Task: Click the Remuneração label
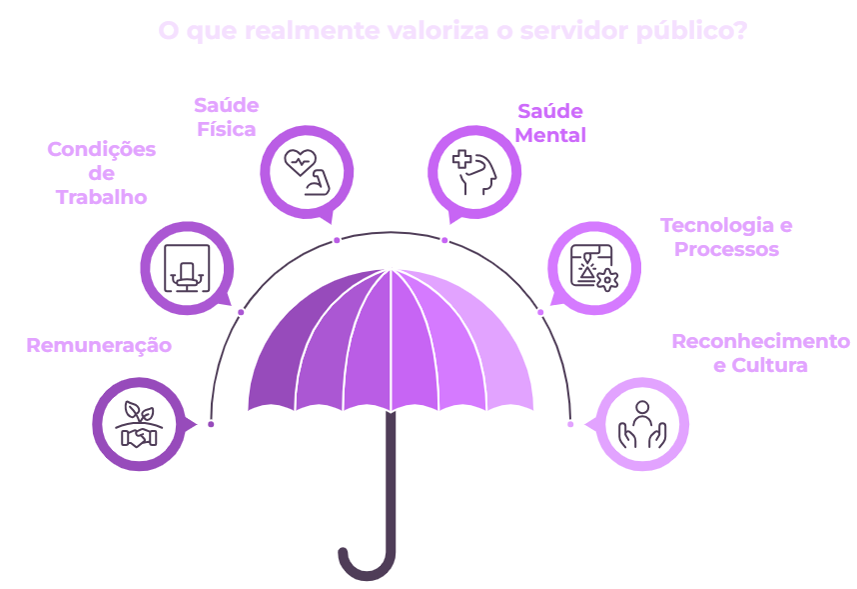[x=99, y=346]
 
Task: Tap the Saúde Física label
[x=227, y=117]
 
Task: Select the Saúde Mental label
[x=550, y=123]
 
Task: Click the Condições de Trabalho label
[x=102, y=173]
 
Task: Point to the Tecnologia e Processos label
[x=726, y=237]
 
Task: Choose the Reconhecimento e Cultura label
[x=760, y=353]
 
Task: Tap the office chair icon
[x=187, y=266]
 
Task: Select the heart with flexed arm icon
[x=308, y=171]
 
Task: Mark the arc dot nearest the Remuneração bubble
[x=211, y=424]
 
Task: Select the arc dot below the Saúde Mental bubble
[x=444, y=240]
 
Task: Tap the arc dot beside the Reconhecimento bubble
[x=570, y=424]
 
